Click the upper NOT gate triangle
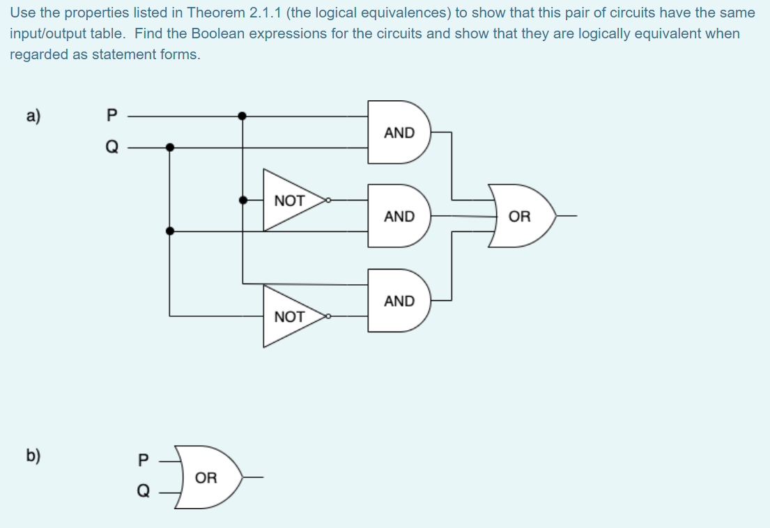pos(289,201)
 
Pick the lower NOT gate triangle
pos(289,317)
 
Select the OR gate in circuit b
pos(207,478)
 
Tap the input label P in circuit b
pos(144,460)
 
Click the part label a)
pos(33,116)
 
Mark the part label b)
pos(33,456)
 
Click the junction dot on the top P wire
pos(242,116)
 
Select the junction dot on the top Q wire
pos(169,147)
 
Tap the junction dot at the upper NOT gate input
pos(242,201)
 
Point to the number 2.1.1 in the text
pos(264,13)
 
